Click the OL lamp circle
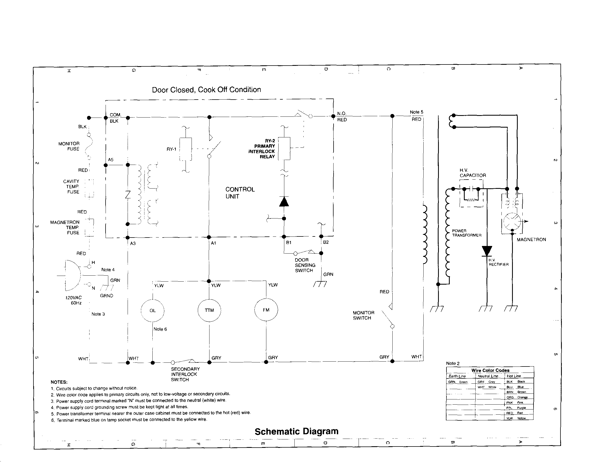pyautogui.click(x=152, y=310)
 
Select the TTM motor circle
pyautogui.click(x=209, y=310)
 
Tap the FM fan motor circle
pyautogui.click(x=266, y=310)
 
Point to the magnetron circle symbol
pyautogui.click(x=512, y=221)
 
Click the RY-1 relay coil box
pyautogui.click(x=186, y=149)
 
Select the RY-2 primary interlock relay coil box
pyautogui.click(x=284, y=149)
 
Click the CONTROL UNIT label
pyautogui.click(x=239, y=193)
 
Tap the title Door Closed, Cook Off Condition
pyautogui.click(x=206, y=90)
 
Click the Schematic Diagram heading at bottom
pyautogui.click(x=296, y=431)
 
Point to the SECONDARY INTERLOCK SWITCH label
pyautogui.click(x=185, y=374)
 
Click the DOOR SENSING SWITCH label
pyautogui.click(x=305, y=265)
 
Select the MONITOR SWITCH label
pyautogui.click(x=363, y=315)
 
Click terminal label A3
pyautogui.click(x=133, y=244)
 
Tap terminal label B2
pyautogui.click(x=326, y=242)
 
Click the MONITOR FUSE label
pyautogui.click(x=69, y=146)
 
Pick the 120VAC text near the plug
pyautogui.click(x=73, y=298)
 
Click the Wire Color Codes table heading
pyautogui.click(x=490, y=370)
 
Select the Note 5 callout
pyautogui.click(x=416, y=112)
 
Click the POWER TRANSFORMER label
pyautogui.click(x=467, y=233)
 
